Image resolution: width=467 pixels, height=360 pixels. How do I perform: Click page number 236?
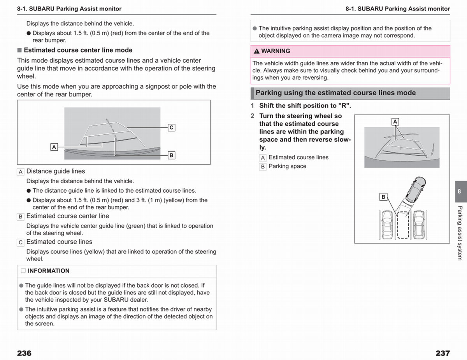pos(24,353)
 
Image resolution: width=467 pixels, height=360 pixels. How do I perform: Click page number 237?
pos(443,353)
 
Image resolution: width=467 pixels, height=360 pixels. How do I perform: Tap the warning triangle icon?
pos(256,51)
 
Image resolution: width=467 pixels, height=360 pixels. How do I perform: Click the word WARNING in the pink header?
pos(276,51)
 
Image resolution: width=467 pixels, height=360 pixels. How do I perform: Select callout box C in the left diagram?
pos(171,127)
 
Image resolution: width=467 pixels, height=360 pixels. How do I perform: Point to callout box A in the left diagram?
pos(54,147)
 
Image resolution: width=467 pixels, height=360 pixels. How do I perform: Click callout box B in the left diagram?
pos(171,155)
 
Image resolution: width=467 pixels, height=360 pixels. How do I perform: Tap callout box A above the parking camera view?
pos(395,122)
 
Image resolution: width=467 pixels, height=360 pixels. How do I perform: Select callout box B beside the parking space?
pos(383,197)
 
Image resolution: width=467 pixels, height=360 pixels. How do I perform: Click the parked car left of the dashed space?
pos(387,225)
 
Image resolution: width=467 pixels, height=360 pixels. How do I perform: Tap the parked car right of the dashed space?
pos(419,225)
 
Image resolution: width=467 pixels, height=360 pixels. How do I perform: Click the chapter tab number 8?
pos(459,191)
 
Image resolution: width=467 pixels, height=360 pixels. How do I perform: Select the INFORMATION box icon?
pos(23,271)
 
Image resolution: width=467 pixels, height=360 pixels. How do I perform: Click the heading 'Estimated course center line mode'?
pos(78,50)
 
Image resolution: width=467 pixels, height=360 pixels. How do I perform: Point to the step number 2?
pos(253,116)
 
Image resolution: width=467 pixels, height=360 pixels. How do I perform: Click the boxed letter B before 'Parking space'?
pos(263,167)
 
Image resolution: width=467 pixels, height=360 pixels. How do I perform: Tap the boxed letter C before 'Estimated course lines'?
pos(20,242)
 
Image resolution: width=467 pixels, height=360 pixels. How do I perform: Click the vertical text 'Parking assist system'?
pos(460,233)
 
